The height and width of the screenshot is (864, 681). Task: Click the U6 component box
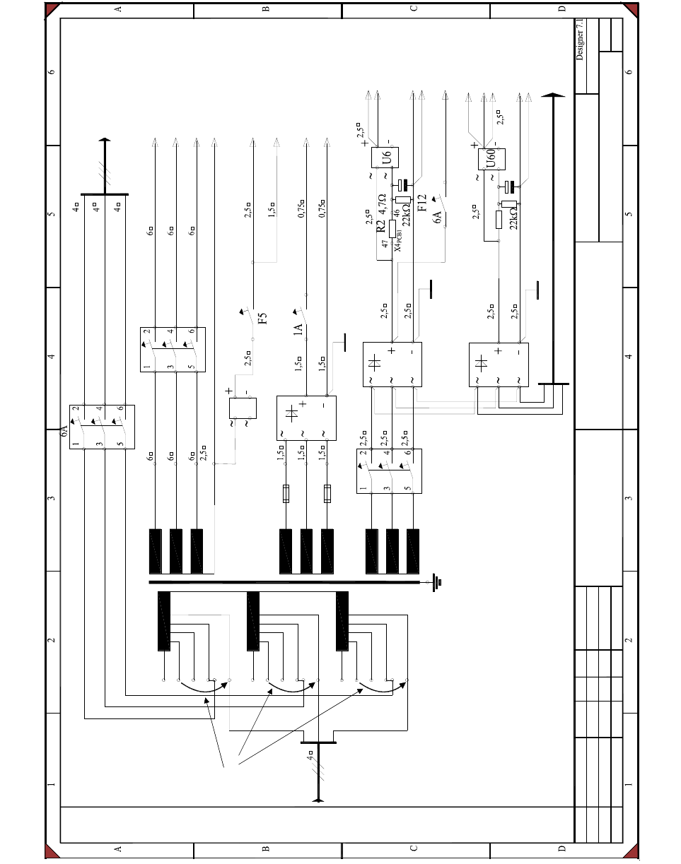pyautogui.click(x=386, y=156)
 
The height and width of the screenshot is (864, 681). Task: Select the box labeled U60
pyautogui.click(x=491, y=159)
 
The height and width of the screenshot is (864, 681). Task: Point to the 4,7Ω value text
pyautogui.click(x=382, y=205)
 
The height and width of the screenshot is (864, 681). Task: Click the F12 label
pyautogui.click(x=422, y=203)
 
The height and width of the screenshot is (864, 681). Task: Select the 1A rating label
pyautogui.click(x=298, y=330)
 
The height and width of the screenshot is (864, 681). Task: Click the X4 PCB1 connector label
pyautogui.click(x=398, y=243)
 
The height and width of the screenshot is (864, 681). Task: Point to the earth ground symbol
pyautogui.click(x=438, y=582)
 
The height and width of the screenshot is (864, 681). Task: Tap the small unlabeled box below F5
pyautogui.click(x=243, y=408)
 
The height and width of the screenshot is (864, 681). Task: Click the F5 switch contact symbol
pyautogui.click(x=248, y=319)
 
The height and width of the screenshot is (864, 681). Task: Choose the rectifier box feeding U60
pyautogui.click(x=498, y=365)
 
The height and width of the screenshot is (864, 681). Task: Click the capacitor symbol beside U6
pyautogui.click(x=404, y=185)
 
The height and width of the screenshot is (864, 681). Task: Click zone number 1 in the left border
pyautogui.click(x=51, y=785)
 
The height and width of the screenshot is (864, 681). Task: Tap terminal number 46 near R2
pyautogui.click(x=397, y=212)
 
